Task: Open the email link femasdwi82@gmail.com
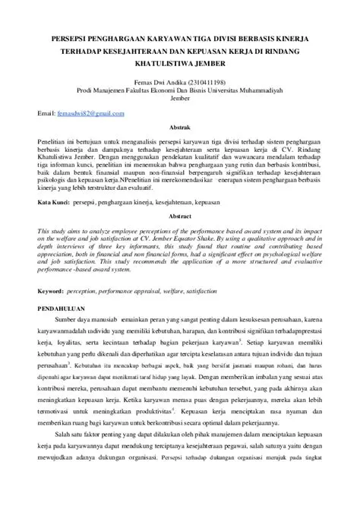pos(91,113)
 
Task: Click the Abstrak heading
pos(180,128)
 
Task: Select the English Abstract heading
pos(180,217)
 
